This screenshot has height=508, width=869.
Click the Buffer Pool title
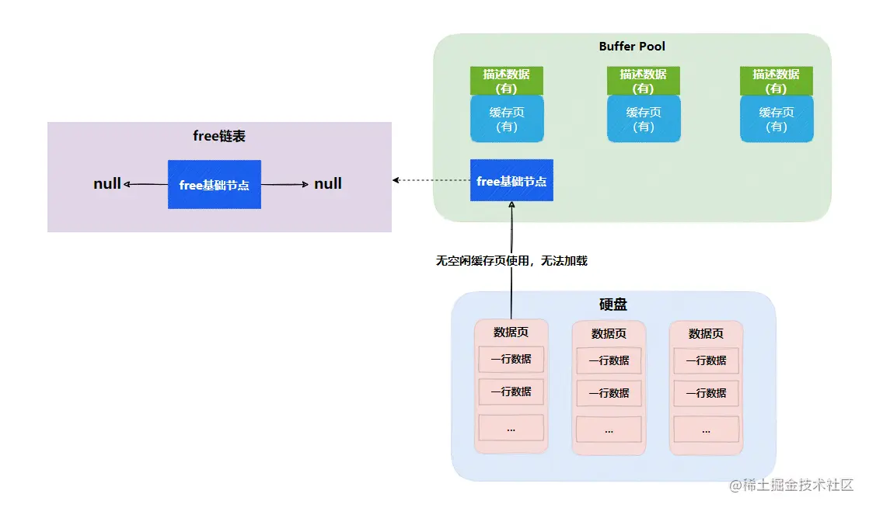click(x=632, y=47)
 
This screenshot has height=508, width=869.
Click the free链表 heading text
click(x=219, y=137)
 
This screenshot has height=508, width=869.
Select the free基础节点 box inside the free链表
click(x=215, y=185)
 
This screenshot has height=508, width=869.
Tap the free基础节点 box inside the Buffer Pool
click(x=511, y=180)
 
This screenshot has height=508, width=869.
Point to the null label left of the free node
click(x=107, y=184)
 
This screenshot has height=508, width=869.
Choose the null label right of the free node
click(x=328, y=184)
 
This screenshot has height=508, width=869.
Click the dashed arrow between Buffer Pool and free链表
click(x=431, y=180)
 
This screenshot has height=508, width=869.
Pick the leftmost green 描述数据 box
click(x=507, y=81)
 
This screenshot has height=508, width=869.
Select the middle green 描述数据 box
click(x=644, y=81)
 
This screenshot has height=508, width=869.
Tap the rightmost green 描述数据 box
click(x=777, y=81)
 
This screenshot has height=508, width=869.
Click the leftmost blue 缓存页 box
click(x=507, y=119)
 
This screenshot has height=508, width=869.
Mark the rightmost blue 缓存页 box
click(x=777, y=119)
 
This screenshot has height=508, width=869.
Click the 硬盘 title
click(x=613, y=304)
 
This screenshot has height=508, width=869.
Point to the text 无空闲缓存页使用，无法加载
click(x=511, y=261)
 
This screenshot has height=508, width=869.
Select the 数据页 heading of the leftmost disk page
click(x=511, y=332)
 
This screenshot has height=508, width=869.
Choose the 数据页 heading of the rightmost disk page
click(x=706, y=334)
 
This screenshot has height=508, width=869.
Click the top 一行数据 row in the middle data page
click(x=609, y=361)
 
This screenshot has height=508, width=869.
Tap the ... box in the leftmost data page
click(x=511, y=427)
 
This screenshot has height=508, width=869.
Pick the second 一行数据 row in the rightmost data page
click(x=706, y=393)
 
